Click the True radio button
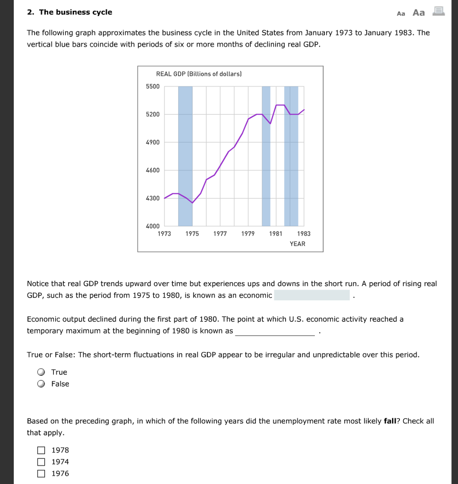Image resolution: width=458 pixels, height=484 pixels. point(42,372)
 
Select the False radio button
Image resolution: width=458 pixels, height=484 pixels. point(42,384)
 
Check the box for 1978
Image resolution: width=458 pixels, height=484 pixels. point(42,450)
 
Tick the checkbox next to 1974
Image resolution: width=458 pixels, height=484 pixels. point(42,462)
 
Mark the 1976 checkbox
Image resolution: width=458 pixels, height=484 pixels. point(42,474)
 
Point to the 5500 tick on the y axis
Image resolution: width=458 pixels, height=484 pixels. point(153,86)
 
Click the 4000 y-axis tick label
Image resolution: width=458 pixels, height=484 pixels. point(153,226)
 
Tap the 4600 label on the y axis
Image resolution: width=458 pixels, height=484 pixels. point(153,170)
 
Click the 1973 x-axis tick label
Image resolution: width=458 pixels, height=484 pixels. point(164,234)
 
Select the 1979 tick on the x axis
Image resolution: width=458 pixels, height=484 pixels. point(248,234)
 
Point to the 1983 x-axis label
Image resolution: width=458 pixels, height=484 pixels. point(304,234)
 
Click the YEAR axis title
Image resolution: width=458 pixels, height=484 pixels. point(297,244)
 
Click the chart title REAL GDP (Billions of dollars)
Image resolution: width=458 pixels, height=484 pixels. point(199,74)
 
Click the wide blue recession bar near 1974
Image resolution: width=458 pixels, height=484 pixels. point(185,156)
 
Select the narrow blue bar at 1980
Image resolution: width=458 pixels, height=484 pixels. point(266,156)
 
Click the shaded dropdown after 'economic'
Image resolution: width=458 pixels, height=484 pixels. point(312,295)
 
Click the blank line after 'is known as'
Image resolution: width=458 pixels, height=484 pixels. point(275,331)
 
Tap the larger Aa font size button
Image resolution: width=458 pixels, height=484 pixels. point(418,13)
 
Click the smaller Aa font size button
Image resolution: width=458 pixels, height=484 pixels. point(401,13)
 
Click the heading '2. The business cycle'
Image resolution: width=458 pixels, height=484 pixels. point(69,12)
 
